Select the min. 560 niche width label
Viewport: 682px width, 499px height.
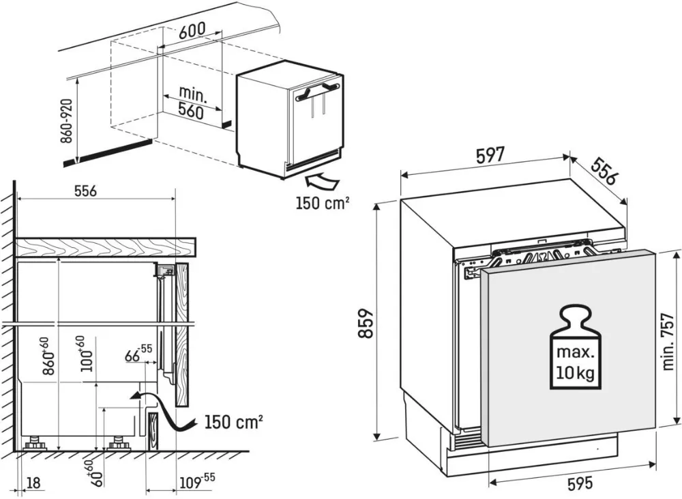tap(192, 102)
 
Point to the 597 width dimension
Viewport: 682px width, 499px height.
tap(489, 156)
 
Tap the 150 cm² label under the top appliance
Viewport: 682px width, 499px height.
tap(323, 203)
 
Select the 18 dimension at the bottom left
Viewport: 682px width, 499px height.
tap(32, 483)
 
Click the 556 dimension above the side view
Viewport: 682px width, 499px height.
tap(85, 193)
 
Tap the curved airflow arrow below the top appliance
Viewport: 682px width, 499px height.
tap(323, 181)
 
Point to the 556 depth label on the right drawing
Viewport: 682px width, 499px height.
tap(604, 171)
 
